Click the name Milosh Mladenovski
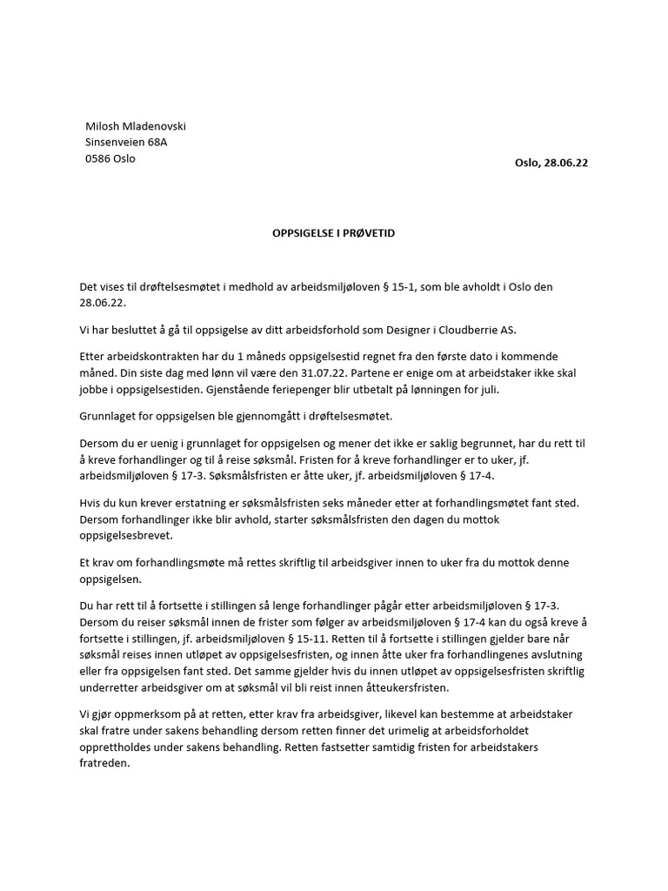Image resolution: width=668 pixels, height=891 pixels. pyautogui.click(x=135, y=126)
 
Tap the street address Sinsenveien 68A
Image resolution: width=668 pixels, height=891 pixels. pyautogui.click(x=127, y=143)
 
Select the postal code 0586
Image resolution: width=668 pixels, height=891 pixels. pyautogui.click(x=97, y=158)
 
